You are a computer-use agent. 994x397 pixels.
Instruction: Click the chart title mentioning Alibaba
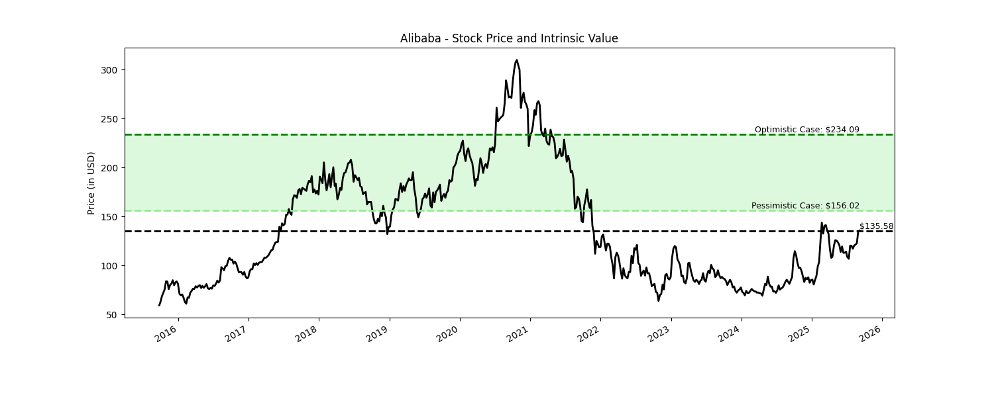coord(509,38)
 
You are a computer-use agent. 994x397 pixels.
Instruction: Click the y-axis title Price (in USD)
coord(91,183)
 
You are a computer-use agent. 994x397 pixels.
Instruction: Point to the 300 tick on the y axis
coord(109,70)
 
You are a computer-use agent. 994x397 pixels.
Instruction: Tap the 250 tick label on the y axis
coord(109,119)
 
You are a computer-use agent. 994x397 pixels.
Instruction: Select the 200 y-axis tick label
coord(109,168)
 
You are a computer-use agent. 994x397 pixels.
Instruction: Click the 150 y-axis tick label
coord(109,217)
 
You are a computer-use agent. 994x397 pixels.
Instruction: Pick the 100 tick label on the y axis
coord(109,266)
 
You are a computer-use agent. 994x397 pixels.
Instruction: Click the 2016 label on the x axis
coord(166,334)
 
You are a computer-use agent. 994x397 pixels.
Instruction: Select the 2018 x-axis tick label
coord(307,334)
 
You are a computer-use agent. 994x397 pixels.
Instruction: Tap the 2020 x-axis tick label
coord(447,334)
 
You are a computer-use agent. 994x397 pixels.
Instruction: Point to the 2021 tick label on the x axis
coord(518,334)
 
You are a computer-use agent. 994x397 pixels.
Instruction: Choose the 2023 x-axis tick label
coord(659,334)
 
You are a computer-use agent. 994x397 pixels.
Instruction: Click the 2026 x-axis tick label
coord(870,334)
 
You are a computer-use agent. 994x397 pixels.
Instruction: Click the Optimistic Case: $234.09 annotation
coord(806,130)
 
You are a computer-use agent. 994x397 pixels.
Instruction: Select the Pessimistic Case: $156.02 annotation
coord(805,206)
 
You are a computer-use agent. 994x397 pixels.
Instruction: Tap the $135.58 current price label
coord(876,226)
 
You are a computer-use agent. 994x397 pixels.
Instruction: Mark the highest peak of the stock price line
coord(517,60)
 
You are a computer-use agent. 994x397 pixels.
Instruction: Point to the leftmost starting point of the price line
coord(159,305)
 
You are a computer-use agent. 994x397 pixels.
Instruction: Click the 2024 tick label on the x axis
coord(729,334)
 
